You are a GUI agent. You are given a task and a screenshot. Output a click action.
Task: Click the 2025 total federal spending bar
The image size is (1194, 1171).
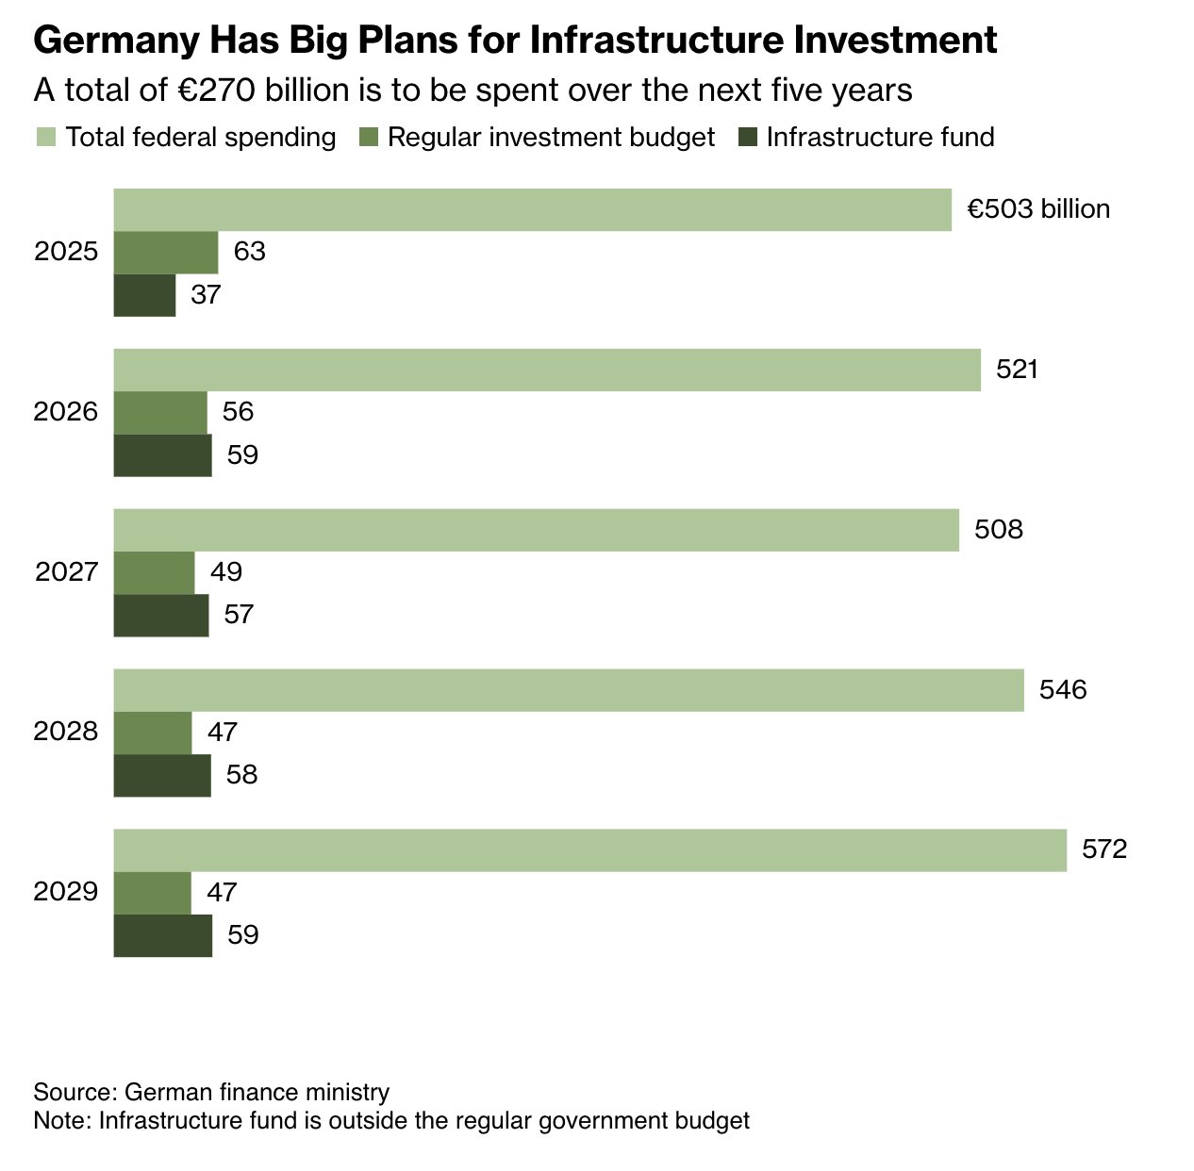point(532,209)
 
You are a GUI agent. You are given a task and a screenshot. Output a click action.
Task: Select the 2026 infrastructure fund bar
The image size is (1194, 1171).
point(162,455)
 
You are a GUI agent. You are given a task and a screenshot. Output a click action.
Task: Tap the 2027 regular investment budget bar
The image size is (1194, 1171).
point(154,571)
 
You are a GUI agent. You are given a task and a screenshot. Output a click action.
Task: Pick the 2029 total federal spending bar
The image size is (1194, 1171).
point(589,849)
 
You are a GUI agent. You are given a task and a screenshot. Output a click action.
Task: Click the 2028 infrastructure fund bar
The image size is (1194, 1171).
point(162,775)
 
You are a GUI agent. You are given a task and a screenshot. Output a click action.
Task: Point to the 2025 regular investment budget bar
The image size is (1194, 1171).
point(166,252)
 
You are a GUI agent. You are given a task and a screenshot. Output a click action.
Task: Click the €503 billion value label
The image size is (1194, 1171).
point(1038,209)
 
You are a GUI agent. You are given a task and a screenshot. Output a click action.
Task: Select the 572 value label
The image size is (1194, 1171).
point(1104,849)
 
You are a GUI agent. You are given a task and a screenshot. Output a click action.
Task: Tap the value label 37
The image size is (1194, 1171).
point(206,295)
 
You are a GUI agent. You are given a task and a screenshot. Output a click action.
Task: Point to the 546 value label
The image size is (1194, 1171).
point(1063,689)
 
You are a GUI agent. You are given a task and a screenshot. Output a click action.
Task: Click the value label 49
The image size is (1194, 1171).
point(226,571)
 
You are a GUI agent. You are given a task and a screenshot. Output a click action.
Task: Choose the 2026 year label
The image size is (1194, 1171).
point(66,412)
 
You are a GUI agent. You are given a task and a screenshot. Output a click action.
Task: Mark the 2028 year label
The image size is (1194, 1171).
point(66,732)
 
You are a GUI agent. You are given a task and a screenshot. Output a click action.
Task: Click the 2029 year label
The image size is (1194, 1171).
point(66,892)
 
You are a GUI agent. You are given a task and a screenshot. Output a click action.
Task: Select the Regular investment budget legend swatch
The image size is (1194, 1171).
point(368,138)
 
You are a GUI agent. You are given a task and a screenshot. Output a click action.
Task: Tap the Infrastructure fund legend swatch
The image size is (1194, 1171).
point(748,138)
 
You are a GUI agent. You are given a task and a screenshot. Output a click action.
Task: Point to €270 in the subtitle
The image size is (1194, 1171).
point(218,90)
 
